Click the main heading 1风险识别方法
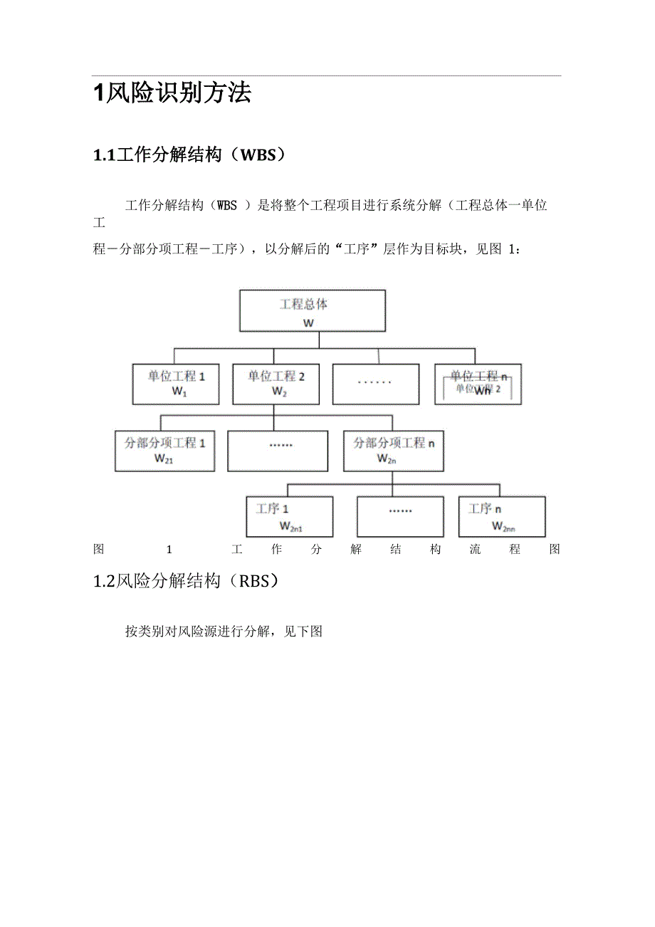[172, 93]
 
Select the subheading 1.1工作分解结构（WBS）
[189, 154]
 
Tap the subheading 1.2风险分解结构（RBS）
[186, 581]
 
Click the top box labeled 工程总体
[312, 310]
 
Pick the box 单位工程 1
[177, 384]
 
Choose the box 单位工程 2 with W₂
[276, 384]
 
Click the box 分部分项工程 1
[164, 450]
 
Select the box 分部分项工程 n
[393, 450]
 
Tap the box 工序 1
[289, 516]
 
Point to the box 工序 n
[501, 516]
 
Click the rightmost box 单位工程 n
[477, 384]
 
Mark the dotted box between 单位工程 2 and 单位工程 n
[375, 384]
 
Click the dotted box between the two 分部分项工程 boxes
[278, 450]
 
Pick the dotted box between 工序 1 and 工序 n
[400, 516]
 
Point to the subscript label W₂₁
[164, 459]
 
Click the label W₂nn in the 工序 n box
[503, 527]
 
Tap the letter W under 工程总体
[308, 323]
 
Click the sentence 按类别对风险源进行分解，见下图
[224, 632]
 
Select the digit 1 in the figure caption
[169, 549]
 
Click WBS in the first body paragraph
[226, 206]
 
